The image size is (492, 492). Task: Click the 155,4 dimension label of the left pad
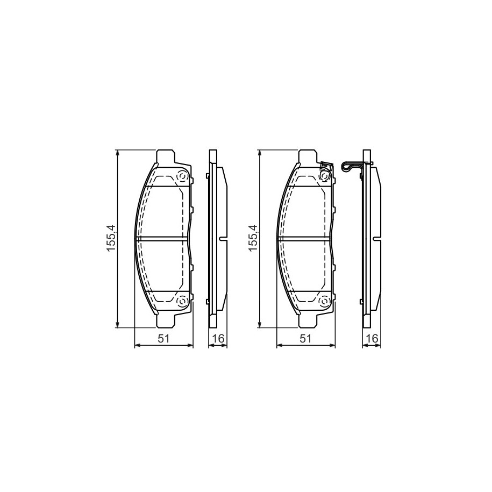click(x=111, y=238)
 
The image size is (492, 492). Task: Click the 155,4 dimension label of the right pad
click(x=253, y=238)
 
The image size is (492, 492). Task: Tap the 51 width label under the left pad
click(x=164, y=339)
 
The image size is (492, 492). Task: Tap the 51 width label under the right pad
click(x=305, y=339)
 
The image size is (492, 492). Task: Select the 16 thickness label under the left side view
click(x=218, y=339)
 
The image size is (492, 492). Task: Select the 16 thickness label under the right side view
click(x=372, y=339)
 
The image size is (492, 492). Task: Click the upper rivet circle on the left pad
click(x=182, y=177)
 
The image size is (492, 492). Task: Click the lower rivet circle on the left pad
click(x=182, y=302)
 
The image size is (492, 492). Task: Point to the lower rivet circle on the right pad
click(x=324, y=302)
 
